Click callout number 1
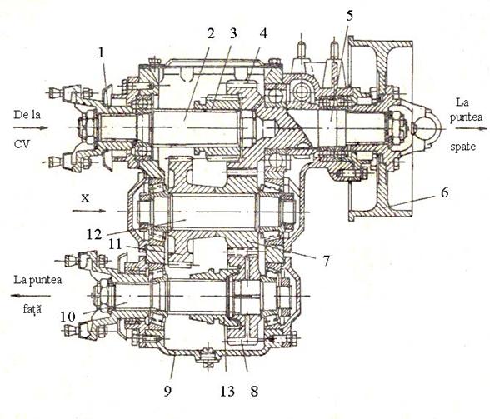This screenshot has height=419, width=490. coord(101,52)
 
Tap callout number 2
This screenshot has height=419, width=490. coord(212,33)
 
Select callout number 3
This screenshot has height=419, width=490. coord(232,33)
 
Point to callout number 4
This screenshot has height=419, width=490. coord(263,33)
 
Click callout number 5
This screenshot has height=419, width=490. coord(350,16)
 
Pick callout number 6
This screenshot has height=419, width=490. coord(444,192)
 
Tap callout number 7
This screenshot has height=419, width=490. coord(326,261)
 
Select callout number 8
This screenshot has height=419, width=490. coord(254,391)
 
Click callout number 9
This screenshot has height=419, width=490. coord(167,391)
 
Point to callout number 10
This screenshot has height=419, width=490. coord(67,317)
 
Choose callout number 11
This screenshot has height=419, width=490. coord(115,244)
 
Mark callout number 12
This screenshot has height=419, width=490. coord(94,234)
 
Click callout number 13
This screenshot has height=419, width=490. coord(227,391)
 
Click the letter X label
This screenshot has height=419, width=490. coord(85,197)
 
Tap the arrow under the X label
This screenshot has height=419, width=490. coord(89,212)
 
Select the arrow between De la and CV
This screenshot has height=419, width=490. coord(31,127)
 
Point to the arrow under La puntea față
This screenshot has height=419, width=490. coord(30,296)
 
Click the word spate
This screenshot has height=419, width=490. coord(463,147)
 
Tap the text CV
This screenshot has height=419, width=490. coord(22,144)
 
